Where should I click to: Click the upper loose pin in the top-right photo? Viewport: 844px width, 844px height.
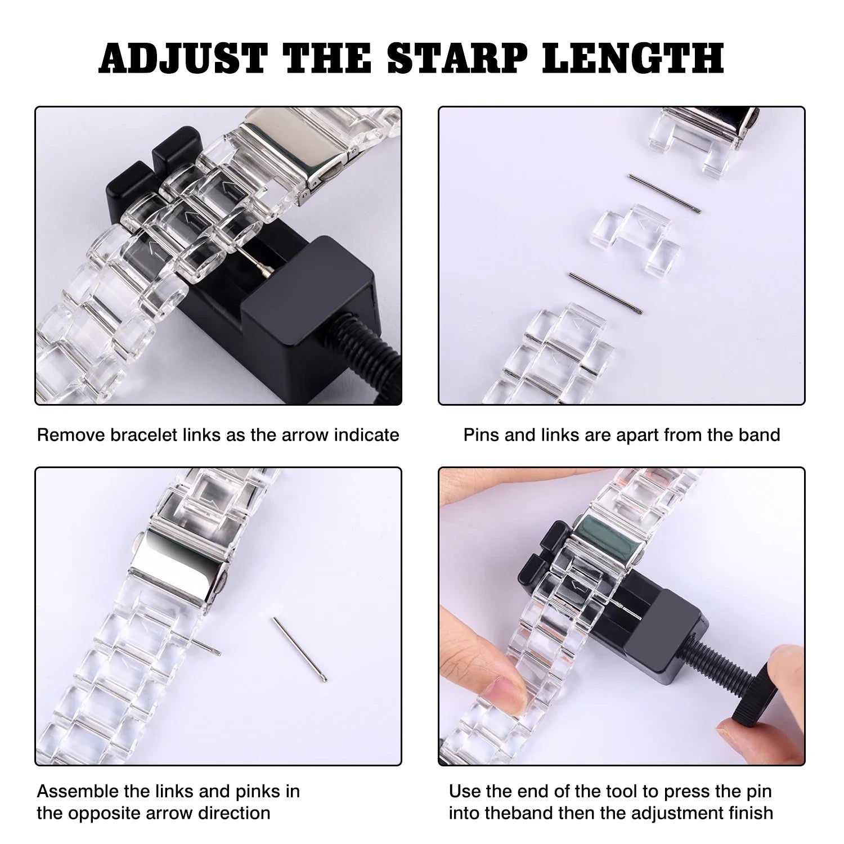click(665, 194)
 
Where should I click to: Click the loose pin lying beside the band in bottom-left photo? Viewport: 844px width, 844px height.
click(300, 650)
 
